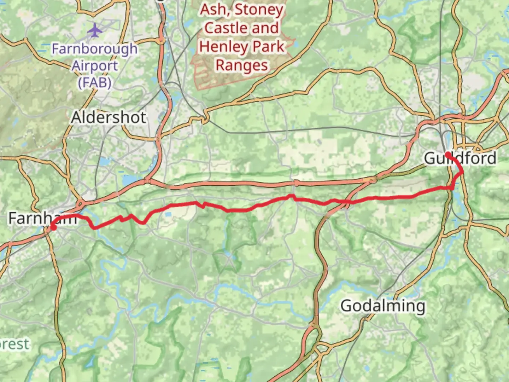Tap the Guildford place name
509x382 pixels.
tap(460, 158)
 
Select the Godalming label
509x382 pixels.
tap(383, 306)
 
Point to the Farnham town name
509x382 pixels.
tap(42, 218)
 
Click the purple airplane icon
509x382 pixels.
tap(95, 30)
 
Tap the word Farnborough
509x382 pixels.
tap(95, 49)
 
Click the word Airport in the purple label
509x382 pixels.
tap(95, 66)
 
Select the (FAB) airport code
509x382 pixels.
tap(95, 83)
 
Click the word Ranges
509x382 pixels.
tap(242, 65)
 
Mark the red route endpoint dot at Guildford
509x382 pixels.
tap(447, 154)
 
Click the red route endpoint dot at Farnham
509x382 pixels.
tap(53, 227)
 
